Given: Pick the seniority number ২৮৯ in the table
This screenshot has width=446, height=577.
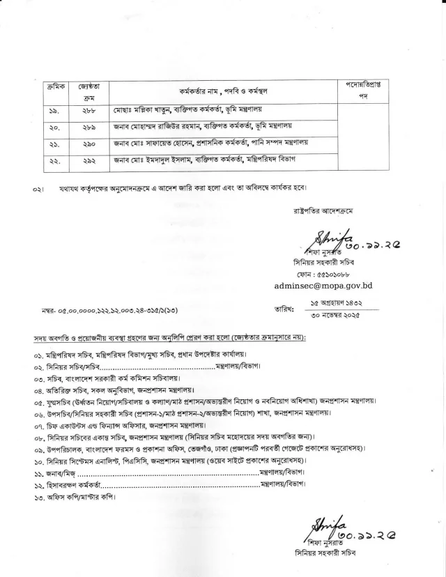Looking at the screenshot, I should [87, 127].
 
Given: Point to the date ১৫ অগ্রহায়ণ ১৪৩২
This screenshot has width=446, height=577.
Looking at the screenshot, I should [343, 304].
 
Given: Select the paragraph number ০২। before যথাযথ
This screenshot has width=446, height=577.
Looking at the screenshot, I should [41, 189].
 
